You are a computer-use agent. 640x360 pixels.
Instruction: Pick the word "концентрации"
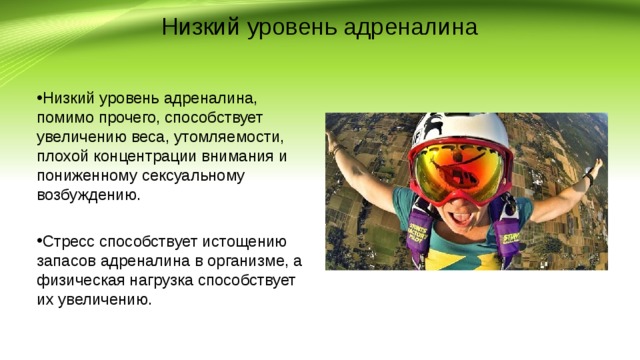[x=157, y=156]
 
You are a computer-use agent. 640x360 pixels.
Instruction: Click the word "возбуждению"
[x=90, y=194]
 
